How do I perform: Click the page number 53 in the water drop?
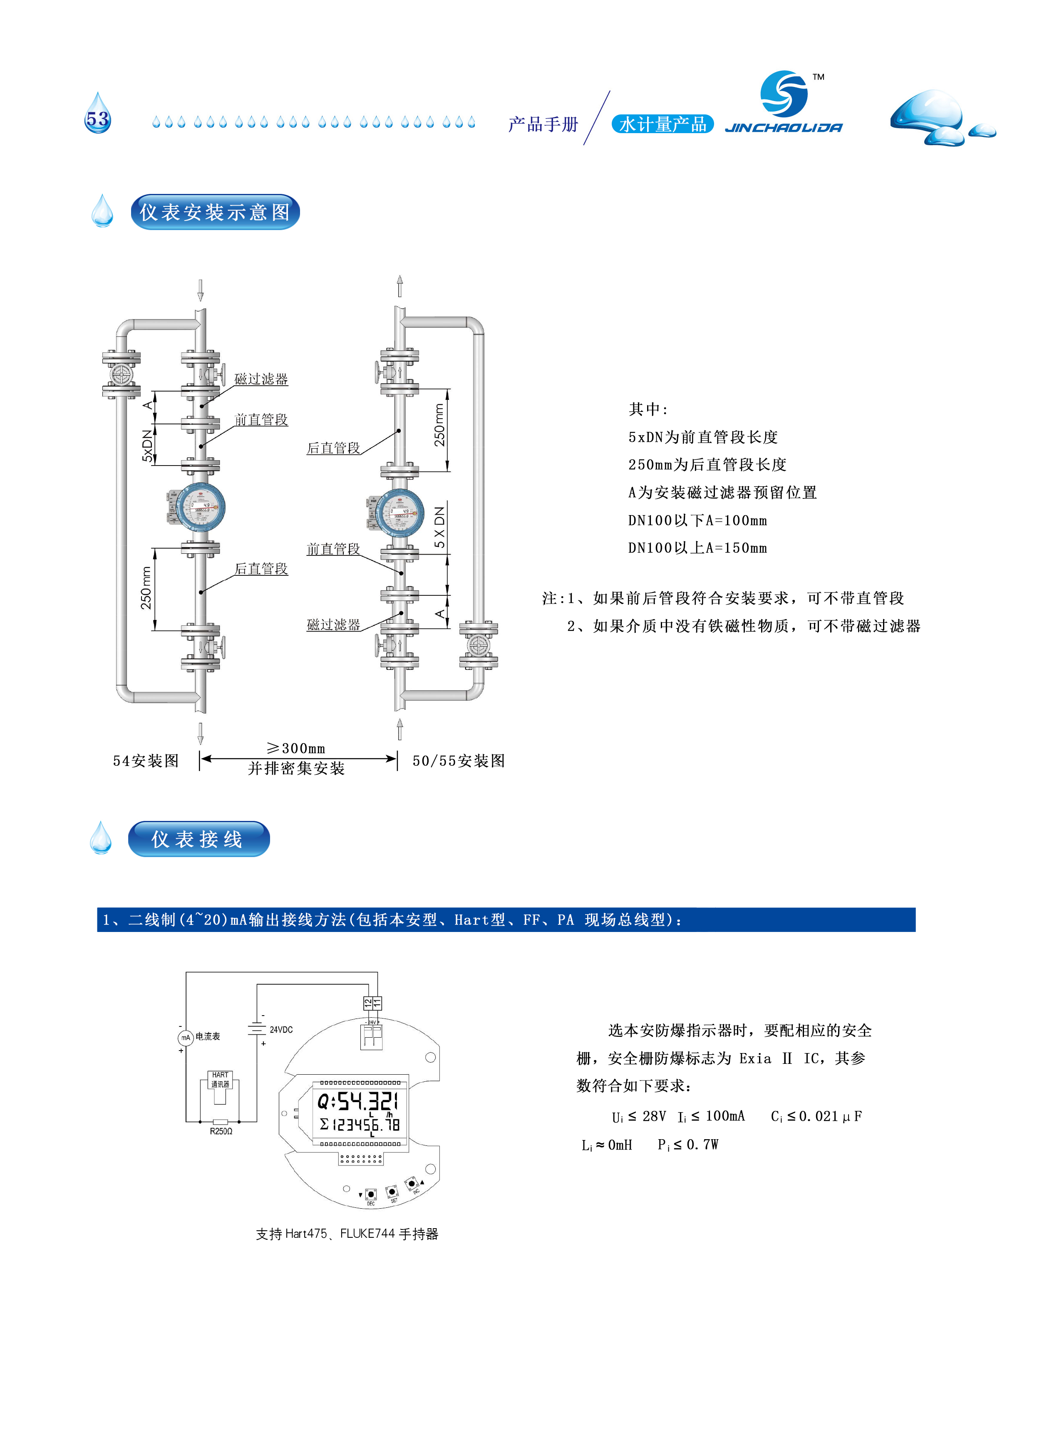[x=98, y=119]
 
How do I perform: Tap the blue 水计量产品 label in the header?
[x=662, y=124]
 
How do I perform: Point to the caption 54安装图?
[x=146, y=761]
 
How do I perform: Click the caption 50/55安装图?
[x=458, y=761]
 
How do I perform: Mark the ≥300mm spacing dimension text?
[x=297, y=748]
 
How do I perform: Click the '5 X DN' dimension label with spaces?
[x=440, y=527]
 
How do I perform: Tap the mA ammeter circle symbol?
[x=185, y=1038]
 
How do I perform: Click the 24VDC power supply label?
[x=281, y=1030]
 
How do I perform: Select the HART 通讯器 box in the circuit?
[x=220, y=1080]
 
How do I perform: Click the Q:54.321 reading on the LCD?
[x=358, y=1101]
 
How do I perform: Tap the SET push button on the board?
[x=392, y=1192]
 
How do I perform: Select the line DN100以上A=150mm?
[x=697, y=548]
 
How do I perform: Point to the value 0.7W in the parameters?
[x=702, y=1144]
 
